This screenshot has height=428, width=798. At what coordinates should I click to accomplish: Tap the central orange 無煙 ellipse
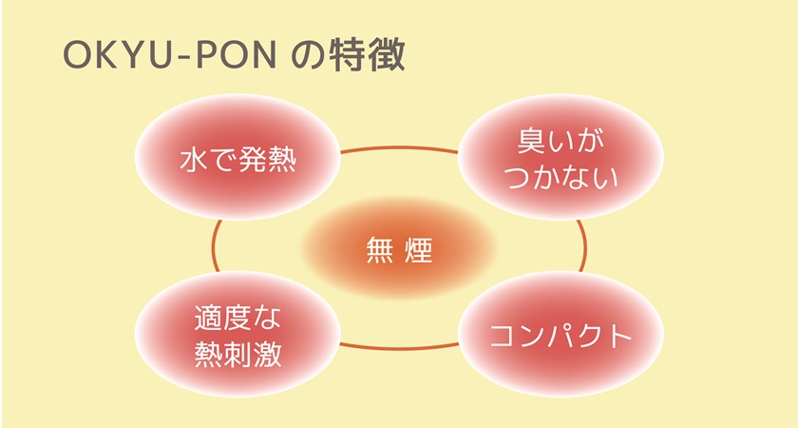click(x=399, y=251)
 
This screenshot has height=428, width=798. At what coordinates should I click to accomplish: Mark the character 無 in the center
click(x=377, y=251)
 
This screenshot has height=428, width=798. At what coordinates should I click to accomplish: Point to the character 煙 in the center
click(x=420, y=251)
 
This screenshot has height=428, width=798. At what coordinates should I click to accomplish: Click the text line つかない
click(x=560, y=176)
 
